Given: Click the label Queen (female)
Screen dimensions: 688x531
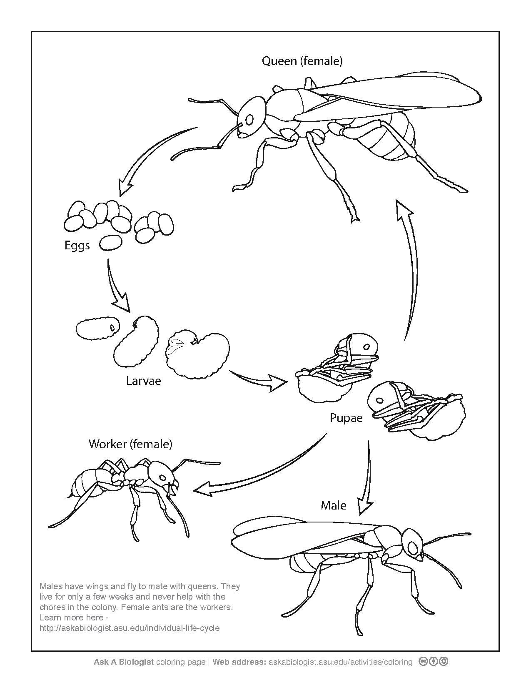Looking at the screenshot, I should (302, 61).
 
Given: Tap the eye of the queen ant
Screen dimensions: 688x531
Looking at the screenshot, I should (249, 120).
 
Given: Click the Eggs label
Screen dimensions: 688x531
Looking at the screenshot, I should (77, 245).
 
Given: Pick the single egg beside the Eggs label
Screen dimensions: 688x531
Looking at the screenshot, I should (111, 242).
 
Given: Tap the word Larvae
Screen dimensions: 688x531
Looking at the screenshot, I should (143, 381).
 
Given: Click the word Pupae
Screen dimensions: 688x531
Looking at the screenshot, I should (346, 418).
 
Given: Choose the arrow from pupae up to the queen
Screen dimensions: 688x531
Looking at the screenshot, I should (410, 267).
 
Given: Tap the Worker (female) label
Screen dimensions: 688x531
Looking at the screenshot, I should (130, 444).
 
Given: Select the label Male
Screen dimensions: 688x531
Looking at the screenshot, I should (333, 505).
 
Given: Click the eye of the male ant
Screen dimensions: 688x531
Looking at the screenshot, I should (413, 546).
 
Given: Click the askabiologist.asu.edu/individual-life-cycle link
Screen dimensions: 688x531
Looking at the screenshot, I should (129, 628).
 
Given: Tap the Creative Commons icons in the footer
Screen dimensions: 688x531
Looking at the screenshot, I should (434, 661).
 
